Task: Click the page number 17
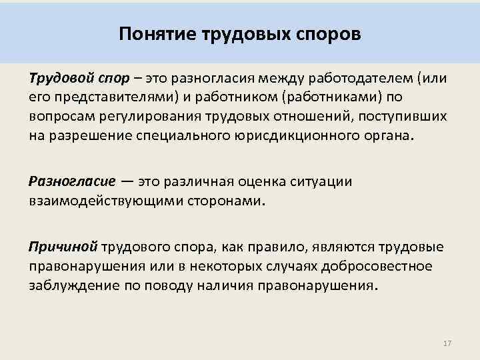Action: (447, 343)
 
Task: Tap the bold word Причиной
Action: (63, 247)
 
